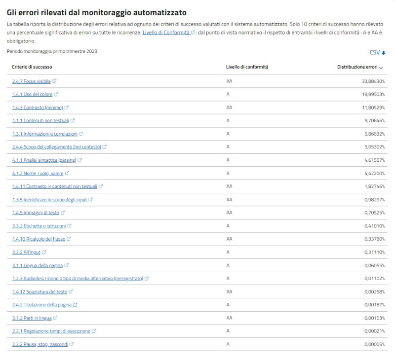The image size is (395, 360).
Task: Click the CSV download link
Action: point(377,53)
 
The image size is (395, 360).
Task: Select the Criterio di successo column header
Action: point(32,67)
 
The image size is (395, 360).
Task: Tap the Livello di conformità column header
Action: point(247,67)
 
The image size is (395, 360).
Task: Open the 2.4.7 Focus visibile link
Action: point(32,81)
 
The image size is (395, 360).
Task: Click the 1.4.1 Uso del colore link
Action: point(32,94)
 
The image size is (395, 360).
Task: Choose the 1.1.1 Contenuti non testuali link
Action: point(40,120)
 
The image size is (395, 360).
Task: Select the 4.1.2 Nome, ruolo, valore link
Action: point(38,173)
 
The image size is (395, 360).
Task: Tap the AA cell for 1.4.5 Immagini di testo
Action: point(229,213)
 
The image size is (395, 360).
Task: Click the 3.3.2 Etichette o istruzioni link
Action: point(39,226)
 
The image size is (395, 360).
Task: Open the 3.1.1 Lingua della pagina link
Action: point(38,265)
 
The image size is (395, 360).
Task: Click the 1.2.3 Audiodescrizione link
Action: point(78,279)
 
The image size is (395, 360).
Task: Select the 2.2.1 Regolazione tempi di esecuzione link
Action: point(51,331)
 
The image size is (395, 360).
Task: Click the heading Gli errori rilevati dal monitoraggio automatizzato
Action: point(97,12)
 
